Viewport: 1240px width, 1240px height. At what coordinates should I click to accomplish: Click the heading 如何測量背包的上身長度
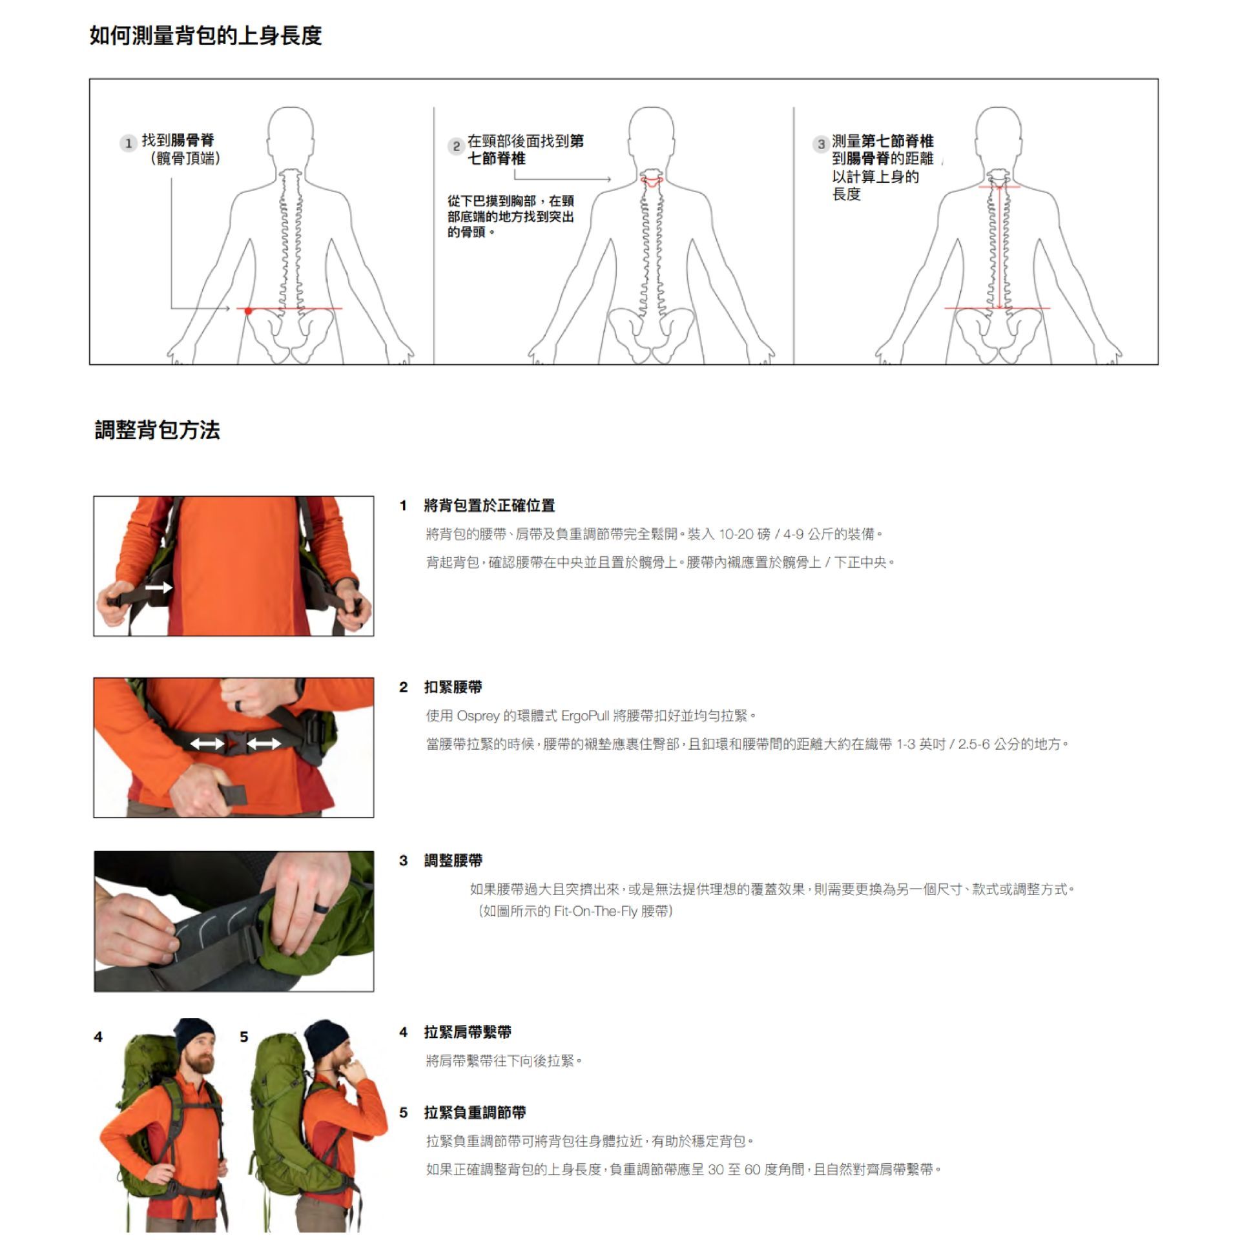coord(205,35)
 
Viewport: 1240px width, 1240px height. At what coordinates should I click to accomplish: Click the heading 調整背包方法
coord(157,429)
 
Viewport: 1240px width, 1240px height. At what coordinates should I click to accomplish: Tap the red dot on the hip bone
coord(248,311)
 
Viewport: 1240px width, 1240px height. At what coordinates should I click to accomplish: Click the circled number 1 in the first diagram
coord(128,143)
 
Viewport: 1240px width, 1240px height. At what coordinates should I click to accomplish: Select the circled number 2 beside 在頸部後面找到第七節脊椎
coord(456,146)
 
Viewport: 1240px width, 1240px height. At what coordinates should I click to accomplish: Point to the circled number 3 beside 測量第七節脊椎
coord(820,144)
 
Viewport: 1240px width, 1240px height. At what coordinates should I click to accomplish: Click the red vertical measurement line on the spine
coord(1000,247)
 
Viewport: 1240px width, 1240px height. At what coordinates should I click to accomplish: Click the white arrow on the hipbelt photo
coord(158,587)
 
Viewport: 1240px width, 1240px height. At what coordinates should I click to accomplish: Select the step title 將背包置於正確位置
coord(489,506)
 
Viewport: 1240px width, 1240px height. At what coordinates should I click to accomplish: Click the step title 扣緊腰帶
coord(453,687)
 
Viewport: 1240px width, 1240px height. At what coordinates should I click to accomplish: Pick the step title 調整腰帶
coord(453,860)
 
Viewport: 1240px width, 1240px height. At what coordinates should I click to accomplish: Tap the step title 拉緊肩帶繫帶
coord(468,1032)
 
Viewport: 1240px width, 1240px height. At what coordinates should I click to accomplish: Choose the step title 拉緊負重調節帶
coord(475,1112)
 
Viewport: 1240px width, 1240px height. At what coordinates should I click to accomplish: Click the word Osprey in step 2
coord(478,716)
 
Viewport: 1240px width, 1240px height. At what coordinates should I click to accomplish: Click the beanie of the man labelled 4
coord(194,1035)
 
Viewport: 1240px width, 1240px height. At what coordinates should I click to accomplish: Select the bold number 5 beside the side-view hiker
coord(243,1037)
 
